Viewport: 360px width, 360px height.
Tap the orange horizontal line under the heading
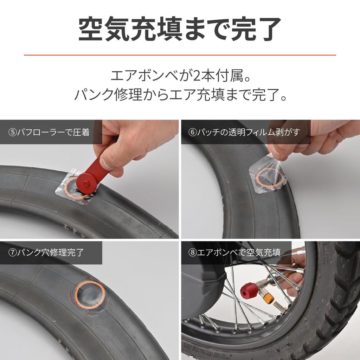coord(180,55)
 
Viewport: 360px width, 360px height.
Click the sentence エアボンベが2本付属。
coord(180,76)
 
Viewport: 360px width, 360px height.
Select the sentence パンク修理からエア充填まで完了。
coord(180,95)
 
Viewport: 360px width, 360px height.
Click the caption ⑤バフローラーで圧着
coord(49,132)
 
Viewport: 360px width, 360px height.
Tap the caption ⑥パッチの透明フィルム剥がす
coord(244,132)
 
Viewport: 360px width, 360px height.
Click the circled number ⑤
coord(12,132)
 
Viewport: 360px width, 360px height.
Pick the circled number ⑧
coord(192,252)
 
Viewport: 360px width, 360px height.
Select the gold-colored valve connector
coord(268,298)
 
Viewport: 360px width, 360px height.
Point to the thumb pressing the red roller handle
coord(111,160)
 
